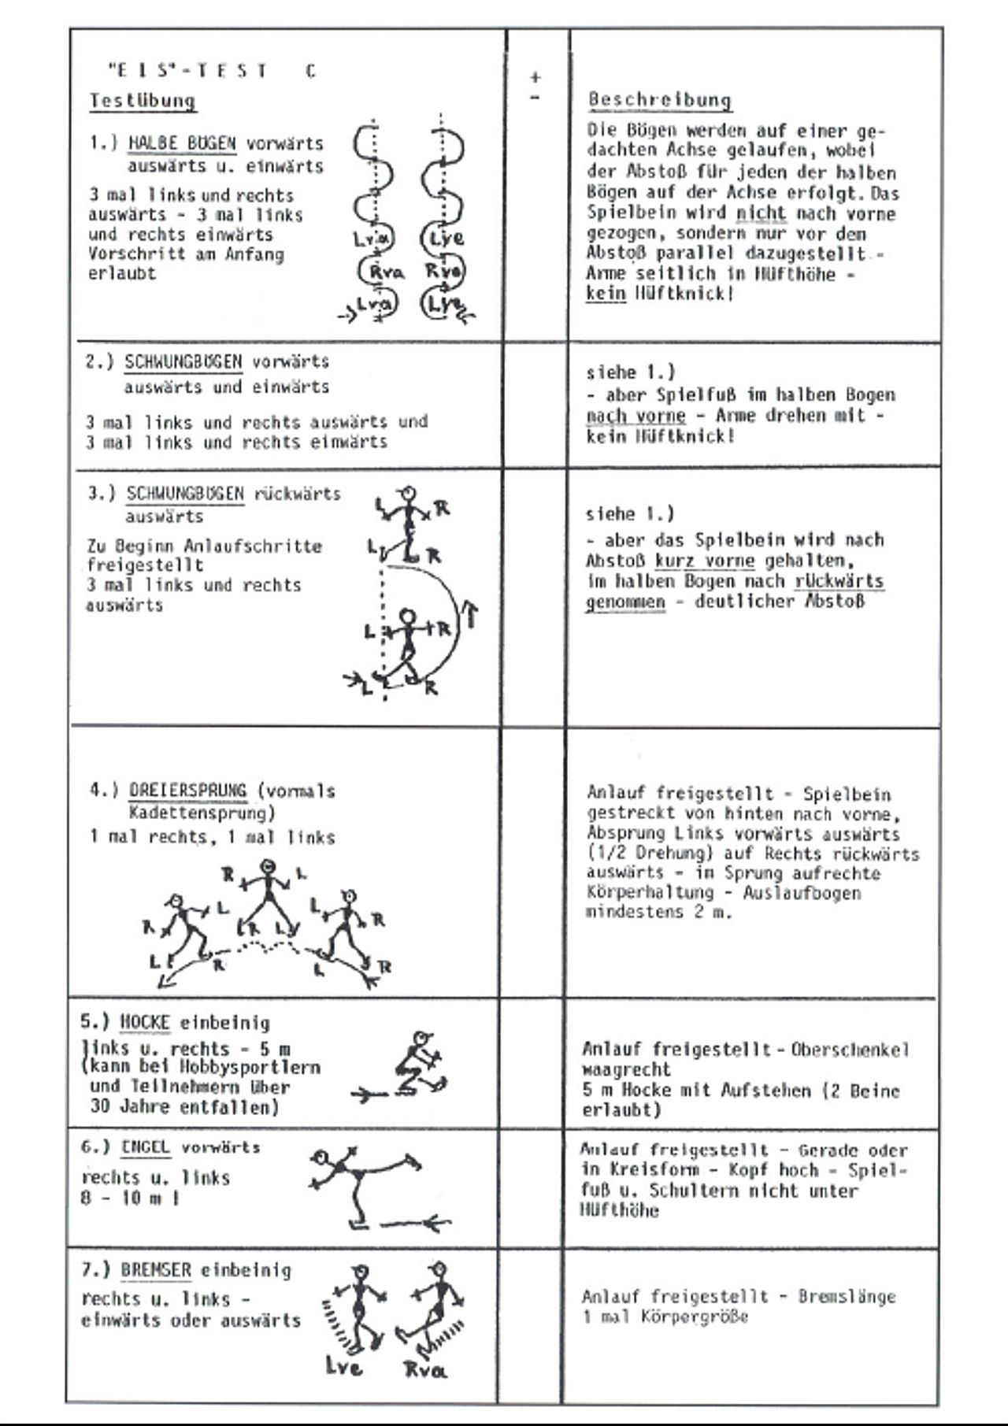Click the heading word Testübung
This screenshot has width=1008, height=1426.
(x=142, y=101)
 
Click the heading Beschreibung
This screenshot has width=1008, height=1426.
(x=659, y=100)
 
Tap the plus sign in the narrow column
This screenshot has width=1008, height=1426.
(x=535, y=77)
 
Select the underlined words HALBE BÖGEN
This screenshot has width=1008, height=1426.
(x=182, y=143)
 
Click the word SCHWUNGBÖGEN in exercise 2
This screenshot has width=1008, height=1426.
(x=183, y=362)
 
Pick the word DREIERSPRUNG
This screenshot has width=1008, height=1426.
(x=188, y=791)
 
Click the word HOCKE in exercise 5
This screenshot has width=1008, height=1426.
(x=145, y=1023)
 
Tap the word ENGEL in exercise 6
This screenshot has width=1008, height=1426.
(x=145, y=1147)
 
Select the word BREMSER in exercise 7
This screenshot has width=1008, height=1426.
(x=156, y=1270)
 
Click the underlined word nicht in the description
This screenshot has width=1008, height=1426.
(x=761, y=213)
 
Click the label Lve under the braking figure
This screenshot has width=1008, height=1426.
(x=344, y=1366)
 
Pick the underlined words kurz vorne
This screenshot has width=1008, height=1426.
(x=704, y=561)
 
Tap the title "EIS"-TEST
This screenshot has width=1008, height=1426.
(x=187, y=71)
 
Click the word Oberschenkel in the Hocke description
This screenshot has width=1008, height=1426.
(x=850, y=1050)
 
